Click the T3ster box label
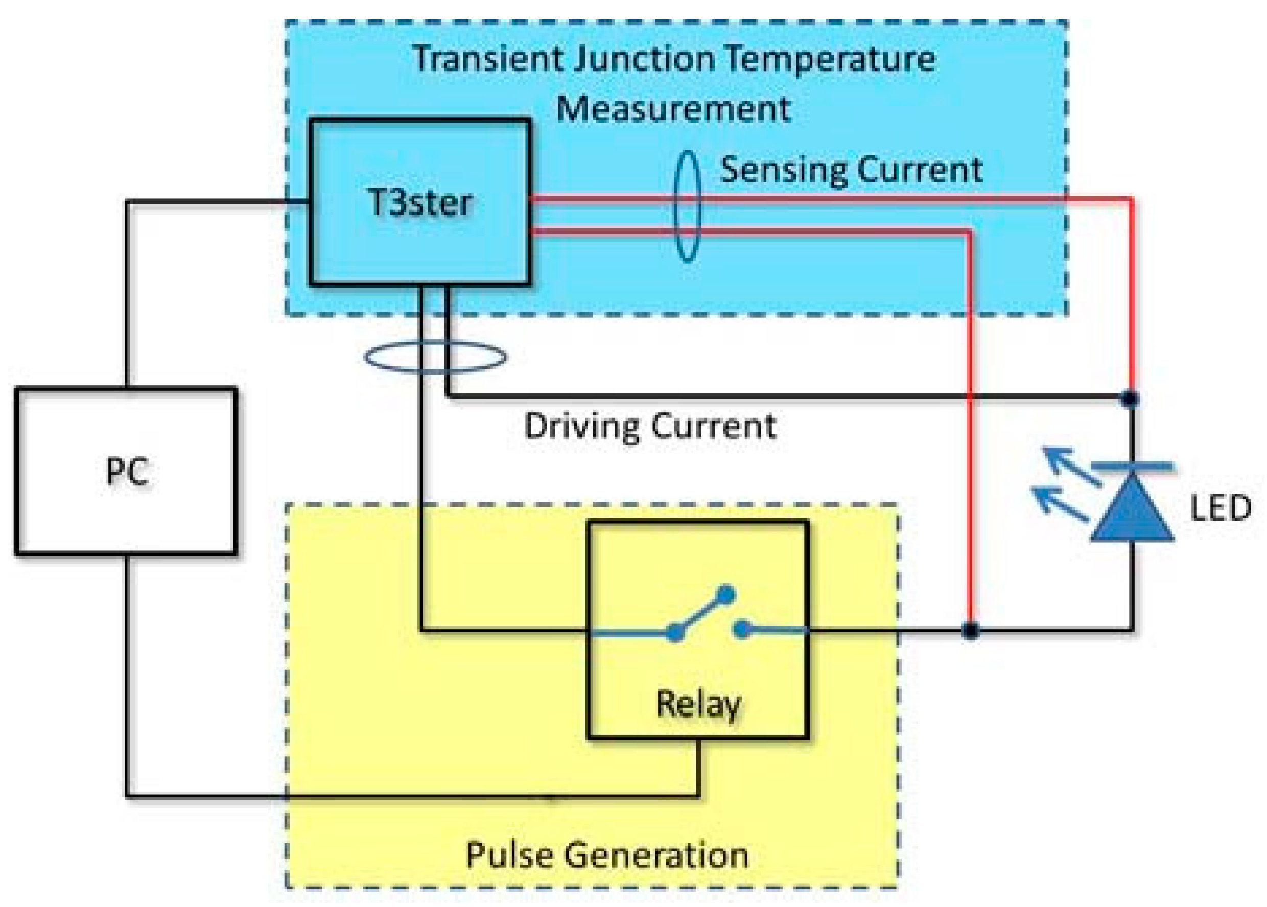point(419,202)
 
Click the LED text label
point(1220,508)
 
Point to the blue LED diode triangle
point(1132,511)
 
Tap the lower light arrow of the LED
point(1060,504)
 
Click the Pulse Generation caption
point(607,855)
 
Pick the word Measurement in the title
point(673,109)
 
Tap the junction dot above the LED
point(1130,399)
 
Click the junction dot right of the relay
point(971,631)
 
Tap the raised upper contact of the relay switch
point(725,594)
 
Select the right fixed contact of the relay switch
point(742,629)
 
